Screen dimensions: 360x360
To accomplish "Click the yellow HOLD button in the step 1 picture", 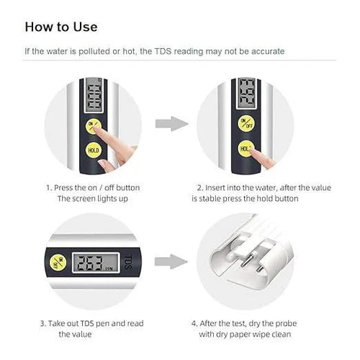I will pyautogui.click(x=92, y=150).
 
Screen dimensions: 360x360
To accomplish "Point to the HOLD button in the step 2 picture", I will pyautogui.click(x=245, y=150).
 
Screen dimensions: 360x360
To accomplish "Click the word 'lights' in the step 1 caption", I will pyautogui.click(x=99, y=198).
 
